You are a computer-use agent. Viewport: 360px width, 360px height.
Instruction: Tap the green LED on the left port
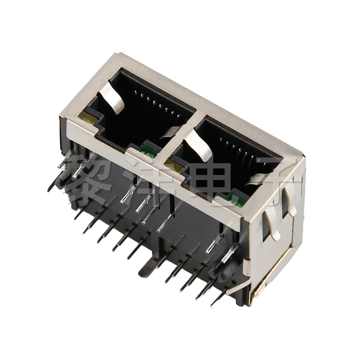click(148, 152)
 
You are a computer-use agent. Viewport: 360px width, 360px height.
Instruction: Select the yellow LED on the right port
click(174, 165)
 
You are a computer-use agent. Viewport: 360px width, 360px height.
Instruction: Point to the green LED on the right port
click(235, 200)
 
